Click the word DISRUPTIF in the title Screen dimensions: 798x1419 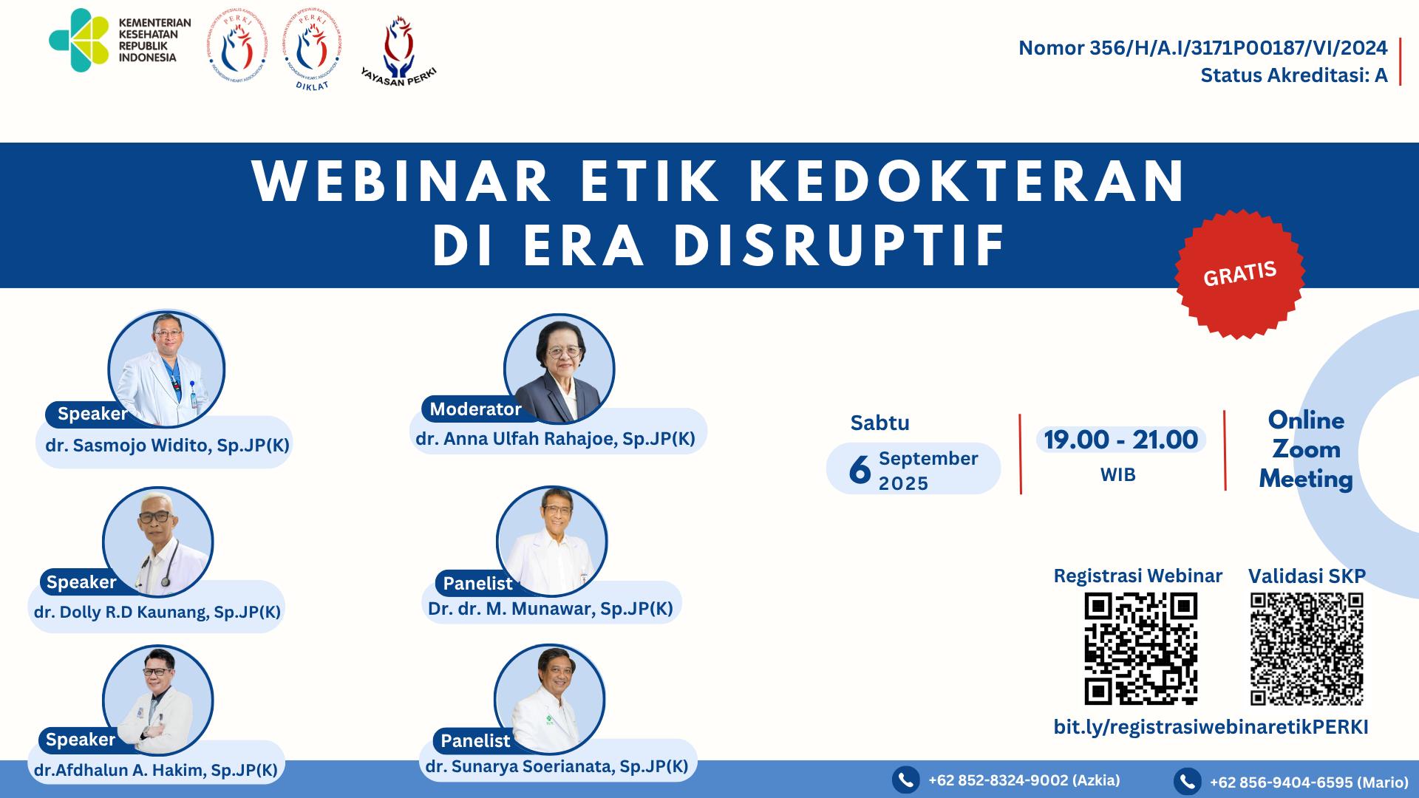(840, 245)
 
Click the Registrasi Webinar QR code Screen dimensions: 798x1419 (1140, 648)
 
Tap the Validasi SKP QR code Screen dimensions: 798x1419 (1306, 648)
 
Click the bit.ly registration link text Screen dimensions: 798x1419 (1211, 727)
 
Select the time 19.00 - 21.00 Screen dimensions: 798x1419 (1120, 440)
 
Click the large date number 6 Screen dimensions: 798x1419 (860, 469)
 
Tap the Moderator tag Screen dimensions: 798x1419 (475, 409)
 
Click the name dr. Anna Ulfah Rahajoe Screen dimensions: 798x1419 (555, 439)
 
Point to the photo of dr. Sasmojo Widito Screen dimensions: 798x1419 (166, 368)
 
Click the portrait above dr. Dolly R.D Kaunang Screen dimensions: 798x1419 (157, 542)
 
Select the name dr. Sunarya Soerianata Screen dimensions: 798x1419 (557, 766)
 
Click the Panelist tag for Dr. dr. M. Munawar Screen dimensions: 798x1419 (477, 584)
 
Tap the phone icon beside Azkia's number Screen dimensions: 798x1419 (905, 780)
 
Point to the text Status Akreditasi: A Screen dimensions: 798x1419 (1293, 75)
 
